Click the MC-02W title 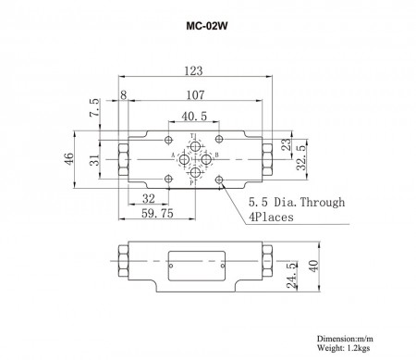[x=207, y=26]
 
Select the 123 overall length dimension [x=193, y=71]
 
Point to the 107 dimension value [x=195, y=94]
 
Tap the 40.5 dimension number [x=194, y=117]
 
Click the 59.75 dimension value [x=157, y=213]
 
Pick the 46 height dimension [x=68, y=159]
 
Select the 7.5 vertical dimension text [x=94, y=107]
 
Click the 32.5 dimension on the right [x=301, y=158]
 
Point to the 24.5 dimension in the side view [x=291, y=276]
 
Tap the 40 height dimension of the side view [x=313, y=267]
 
